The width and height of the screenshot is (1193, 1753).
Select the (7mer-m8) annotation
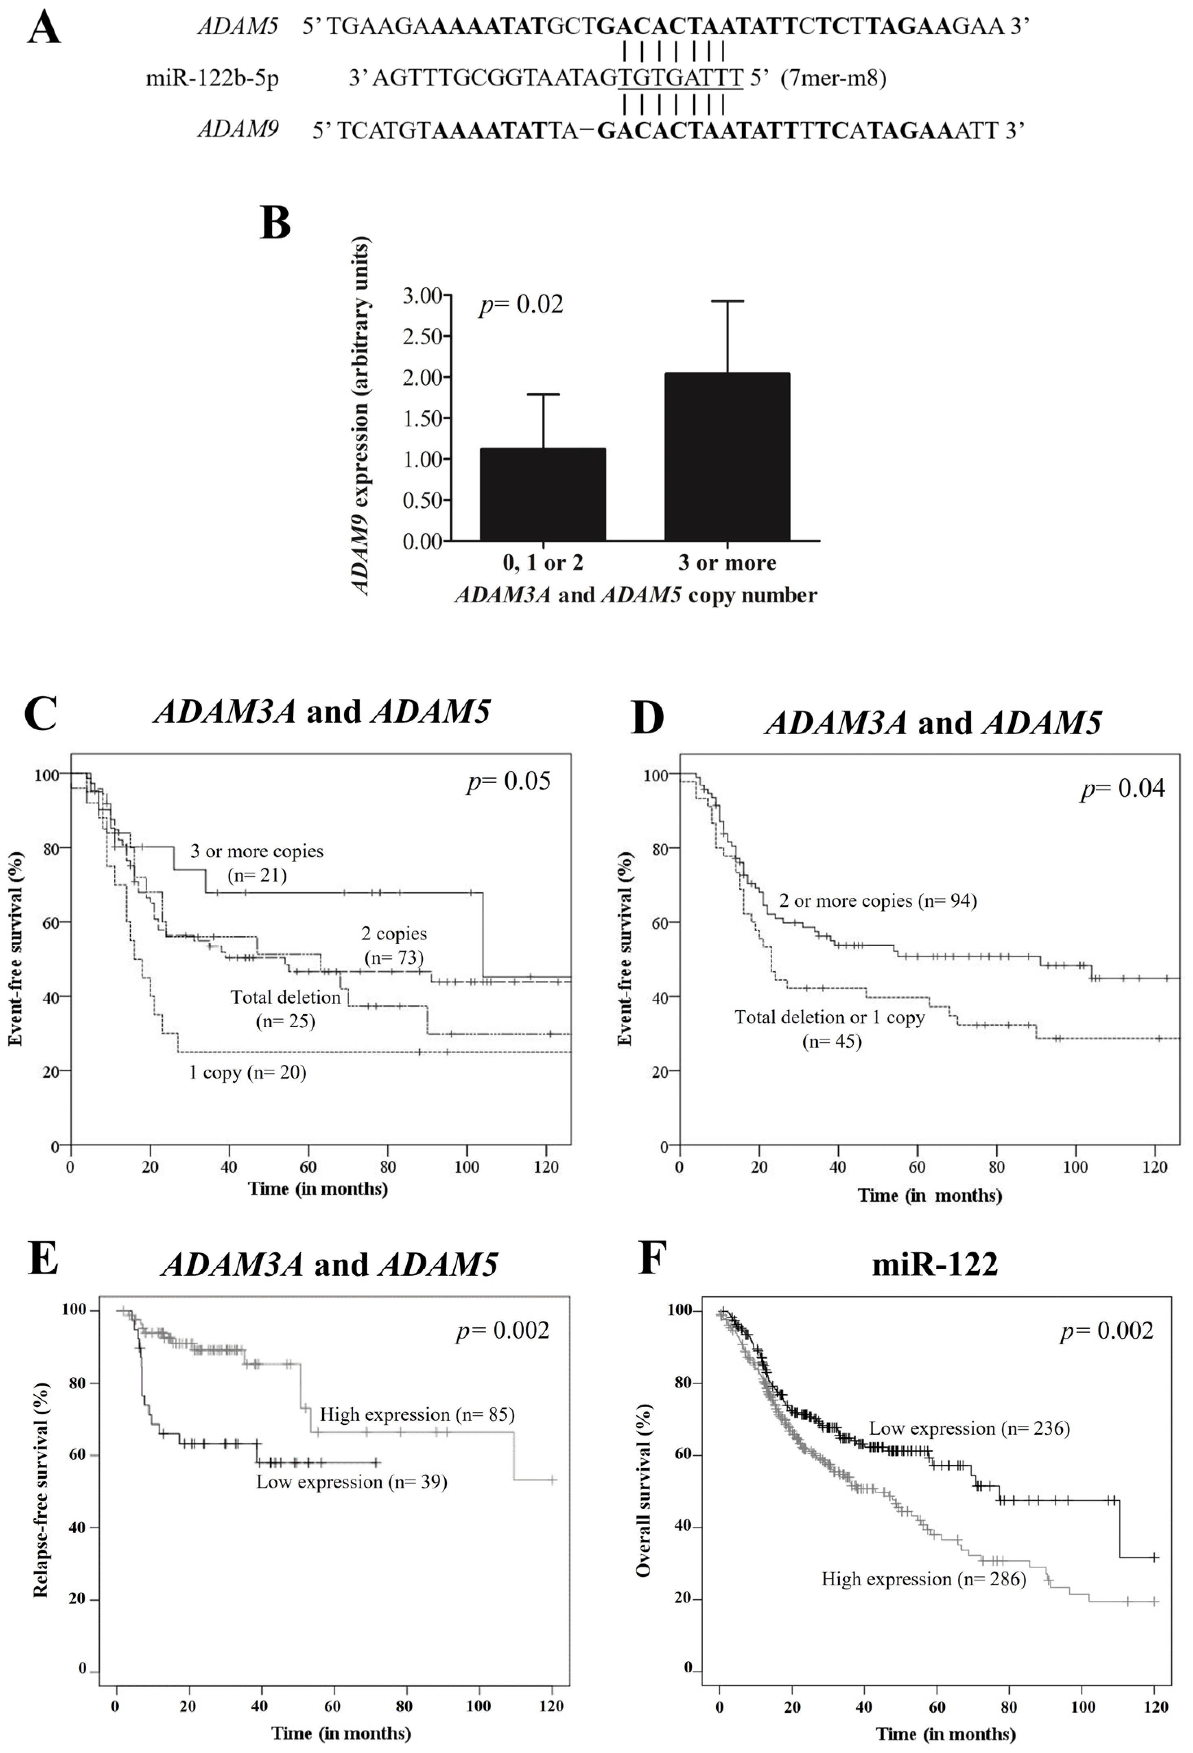click(x=833, y=78)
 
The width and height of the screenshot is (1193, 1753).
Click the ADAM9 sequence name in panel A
click(x=238, y=129)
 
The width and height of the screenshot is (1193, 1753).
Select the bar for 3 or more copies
click(x=727, y=456)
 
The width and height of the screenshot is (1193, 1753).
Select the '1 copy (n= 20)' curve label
click(x=247, y=1072)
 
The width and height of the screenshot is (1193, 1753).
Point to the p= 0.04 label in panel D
click(x=1123, y=788)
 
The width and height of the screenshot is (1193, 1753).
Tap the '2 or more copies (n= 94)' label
click(x=878, y=901)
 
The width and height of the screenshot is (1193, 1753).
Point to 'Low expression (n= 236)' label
click(x=969, y=1428)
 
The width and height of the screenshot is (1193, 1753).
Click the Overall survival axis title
click(x=643, y=1490)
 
